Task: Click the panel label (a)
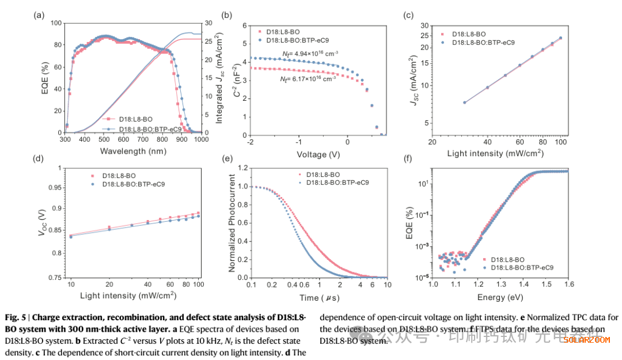point(39,16)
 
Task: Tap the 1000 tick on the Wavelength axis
point(200,140)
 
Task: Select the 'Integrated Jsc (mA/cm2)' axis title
point(219,78)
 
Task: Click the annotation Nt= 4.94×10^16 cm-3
point(310,54)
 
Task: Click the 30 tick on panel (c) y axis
point(425,26)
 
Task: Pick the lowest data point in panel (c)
point(465,103)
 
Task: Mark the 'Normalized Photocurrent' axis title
point(232,223)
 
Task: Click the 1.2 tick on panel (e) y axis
point(243,168)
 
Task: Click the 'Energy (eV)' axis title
point(499,297)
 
